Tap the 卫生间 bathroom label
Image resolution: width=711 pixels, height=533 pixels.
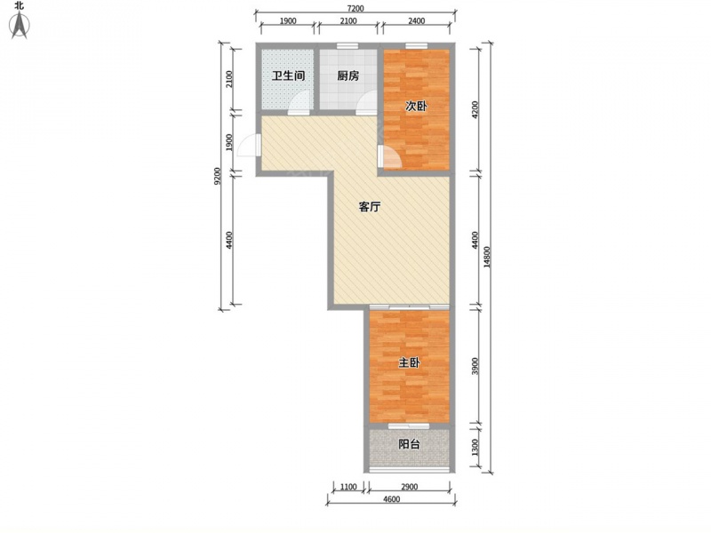tap(288, 76)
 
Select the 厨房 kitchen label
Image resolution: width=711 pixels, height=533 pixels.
tap(348, 76)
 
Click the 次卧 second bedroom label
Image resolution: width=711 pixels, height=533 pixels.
tap(416, 106)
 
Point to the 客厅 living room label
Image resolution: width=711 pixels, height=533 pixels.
tap(370, 207)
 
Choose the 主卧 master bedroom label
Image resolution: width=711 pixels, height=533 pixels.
tap(409, 362)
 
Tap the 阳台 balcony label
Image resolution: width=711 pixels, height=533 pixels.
tap(409, 443)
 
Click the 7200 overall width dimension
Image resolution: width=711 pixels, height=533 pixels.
tap(355, 9)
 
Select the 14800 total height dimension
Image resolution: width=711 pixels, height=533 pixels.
tap(487, 257)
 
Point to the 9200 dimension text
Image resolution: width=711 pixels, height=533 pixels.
tap(217, 176)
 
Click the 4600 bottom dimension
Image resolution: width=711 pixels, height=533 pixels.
tap(391, 499)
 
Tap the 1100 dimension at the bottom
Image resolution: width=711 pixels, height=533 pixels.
tap(348, 487)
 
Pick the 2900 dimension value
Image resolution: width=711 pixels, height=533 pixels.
tap(409, 487)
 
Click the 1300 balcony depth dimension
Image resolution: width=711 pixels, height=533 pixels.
tap(475, 448)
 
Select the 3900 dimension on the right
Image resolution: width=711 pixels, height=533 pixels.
tap(475, 366)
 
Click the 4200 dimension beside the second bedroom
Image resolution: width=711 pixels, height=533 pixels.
tap(475, 109)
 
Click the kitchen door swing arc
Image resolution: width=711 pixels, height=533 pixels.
tap(366, 99)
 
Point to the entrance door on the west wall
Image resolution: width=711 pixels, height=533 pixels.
tap(249, 145)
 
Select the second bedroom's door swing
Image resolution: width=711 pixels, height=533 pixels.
tap(389, 157)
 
